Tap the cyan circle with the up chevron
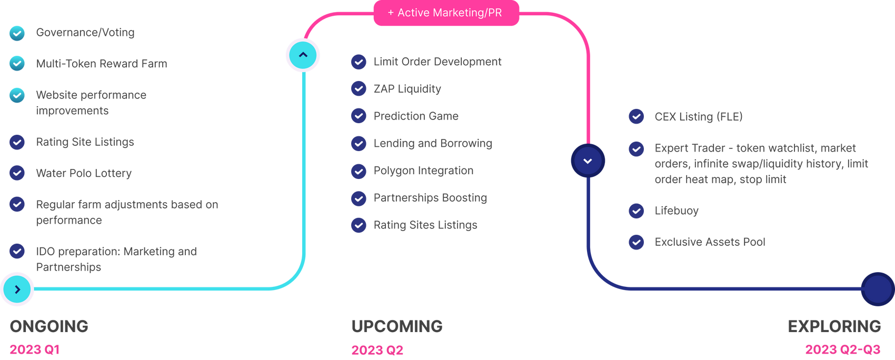(x=303, y=55)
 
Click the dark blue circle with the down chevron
(x=588, y=161)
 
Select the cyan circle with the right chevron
(x=17, y=289)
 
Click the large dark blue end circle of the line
(x=877, y=289)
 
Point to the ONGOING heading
(x=49, y=326)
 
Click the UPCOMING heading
(x=397, y=326)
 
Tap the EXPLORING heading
(x=834, y=326)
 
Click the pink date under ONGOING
(x=35, y=349)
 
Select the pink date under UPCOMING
(x=377, y=350)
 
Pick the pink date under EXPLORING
(x=843, y=349)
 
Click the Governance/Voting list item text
(x=85, y=33)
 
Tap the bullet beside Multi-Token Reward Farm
(x=17, y=64)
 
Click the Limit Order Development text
(x=437, y=62)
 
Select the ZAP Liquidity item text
(x=407, y=89)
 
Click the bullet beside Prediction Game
(x=359, y=116)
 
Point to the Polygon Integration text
(x=423, y=171)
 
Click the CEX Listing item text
(x=698, y=117)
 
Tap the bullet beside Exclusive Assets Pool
(x=637, y=242)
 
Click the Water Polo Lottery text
(x=84, y=173)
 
